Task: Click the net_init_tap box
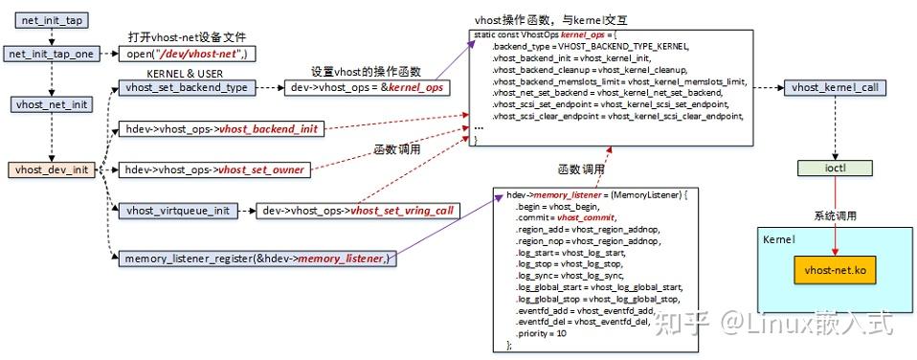pos(51,19)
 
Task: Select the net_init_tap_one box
pos(51,54)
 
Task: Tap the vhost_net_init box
pos(51,105)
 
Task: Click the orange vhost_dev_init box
pos(51,169)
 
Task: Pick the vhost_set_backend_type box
pos(186,87)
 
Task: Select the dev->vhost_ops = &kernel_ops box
pos(367,87)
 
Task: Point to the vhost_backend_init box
pos(222,128)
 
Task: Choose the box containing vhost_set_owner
pos(220,169)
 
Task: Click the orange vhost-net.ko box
pos(836,271)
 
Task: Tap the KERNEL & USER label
pos(186,72)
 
